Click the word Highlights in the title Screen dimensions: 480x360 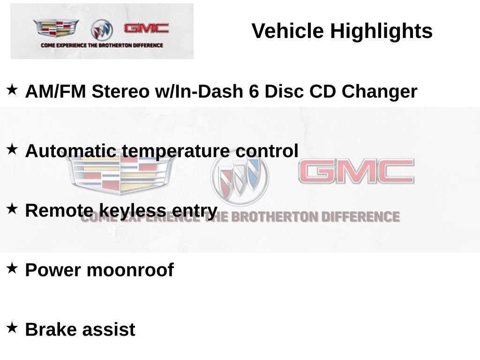(x=381, y=31)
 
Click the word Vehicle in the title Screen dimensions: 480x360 (x=288, y=31)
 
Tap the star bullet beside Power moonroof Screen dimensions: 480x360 (x=12, y=268)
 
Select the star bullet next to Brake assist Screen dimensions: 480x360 (x=12, y=328)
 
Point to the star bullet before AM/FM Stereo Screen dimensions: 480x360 (x=12, y=90)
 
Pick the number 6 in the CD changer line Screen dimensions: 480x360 (x=254, y=91)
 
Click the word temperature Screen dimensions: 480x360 (x=176, y=151)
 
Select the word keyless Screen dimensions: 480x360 (x=133, y=211)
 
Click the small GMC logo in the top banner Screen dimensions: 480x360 (x=146, y=28)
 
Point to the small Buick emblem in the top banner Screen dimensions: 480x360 (x=102, y=30)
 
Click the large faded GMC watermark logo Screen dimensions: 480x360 (x=357, y=171)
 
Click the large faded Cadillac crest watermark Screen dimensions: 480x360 (x=120, y=173)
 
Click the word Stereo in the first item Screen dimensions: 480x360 (x=120, y=91)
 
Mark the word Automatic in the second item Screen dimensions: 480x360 (x=71, y=151)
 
